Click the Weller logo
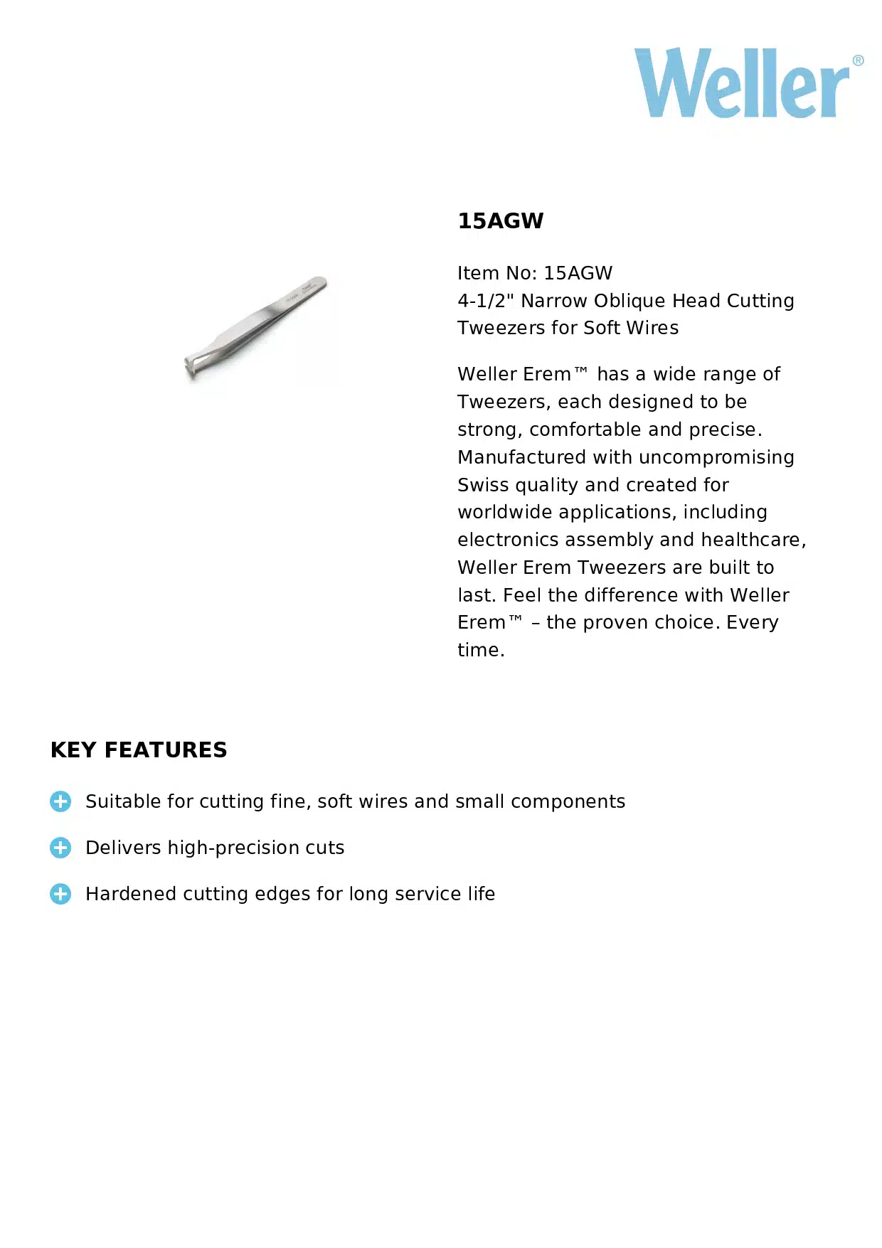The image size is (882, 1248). coord(742,84)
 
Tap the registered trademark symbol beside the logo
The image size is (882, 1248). coord(858,60)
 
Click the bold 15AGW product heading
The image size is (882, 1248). coord(500,221)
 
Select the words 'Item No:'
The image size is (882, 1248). coord(496,273)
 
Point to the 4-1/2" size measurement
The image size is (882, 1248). coord(485,301)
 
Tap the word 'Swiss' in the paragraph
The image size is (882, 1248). coord(483,485)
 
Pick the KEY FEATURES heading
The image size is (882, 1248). coord(139,750)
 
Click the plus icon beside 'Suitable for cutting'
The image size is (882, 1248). coord(60,801)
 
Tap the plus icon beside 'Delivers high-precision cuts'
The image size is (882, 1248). coord(60,848)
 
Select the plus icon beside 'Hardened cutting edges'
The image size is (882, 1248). coord(60,894)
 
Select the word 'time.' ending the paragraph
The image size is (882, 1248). coord(481,650)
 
